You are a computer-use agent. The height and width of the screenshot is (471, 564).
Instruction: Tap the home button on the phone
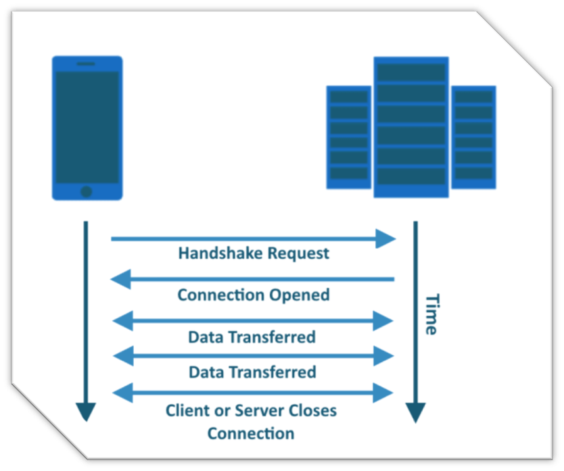pos(87,191)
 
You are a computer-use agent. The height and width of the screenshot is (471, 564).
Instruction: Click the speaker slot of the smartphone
pos(86,64)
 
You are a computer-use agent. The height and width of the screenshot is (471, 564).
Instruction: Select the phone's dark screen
pos(87,126)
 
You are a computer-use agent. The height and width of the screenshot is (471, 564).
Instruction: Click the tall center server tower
pos(411,127)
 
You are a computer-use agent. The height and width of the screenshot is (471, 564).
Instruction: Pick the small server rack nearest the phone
pos(349,137)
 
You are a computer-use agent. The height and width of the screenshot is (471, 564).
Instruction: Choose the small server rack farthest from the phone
pos(473,137)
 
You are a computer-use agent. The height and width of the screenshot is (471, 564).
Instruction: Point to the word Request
pos(298,253)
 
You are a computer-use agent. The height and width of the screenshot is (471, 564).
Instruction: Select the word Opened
pos(300,295)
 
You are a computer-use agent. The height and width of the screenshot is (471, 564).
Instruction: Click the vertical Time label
pos(430,314)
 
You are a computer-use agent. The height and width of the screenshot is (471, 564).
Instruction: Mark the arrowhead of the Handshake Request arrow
pos(386,239)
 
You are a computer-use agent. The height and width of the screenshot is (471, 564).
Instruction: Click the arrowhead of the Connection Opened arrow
pos(120,279)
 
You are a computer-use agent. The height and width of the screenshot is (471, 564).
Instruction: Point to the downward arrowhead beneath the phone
pos(86,411)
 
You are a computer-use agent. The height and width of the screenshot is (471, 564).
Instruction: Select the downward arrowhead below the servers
pos(415,411)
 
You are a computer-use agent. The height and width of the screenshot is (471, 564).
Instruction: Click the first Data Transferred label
pos(252,337)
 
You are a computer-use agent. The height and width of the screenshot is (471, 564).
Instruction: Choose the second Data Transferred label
pos(252,372)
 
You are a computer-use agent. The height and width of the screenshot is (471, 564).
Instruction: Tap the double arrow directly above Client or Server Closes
pos(252,392)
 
